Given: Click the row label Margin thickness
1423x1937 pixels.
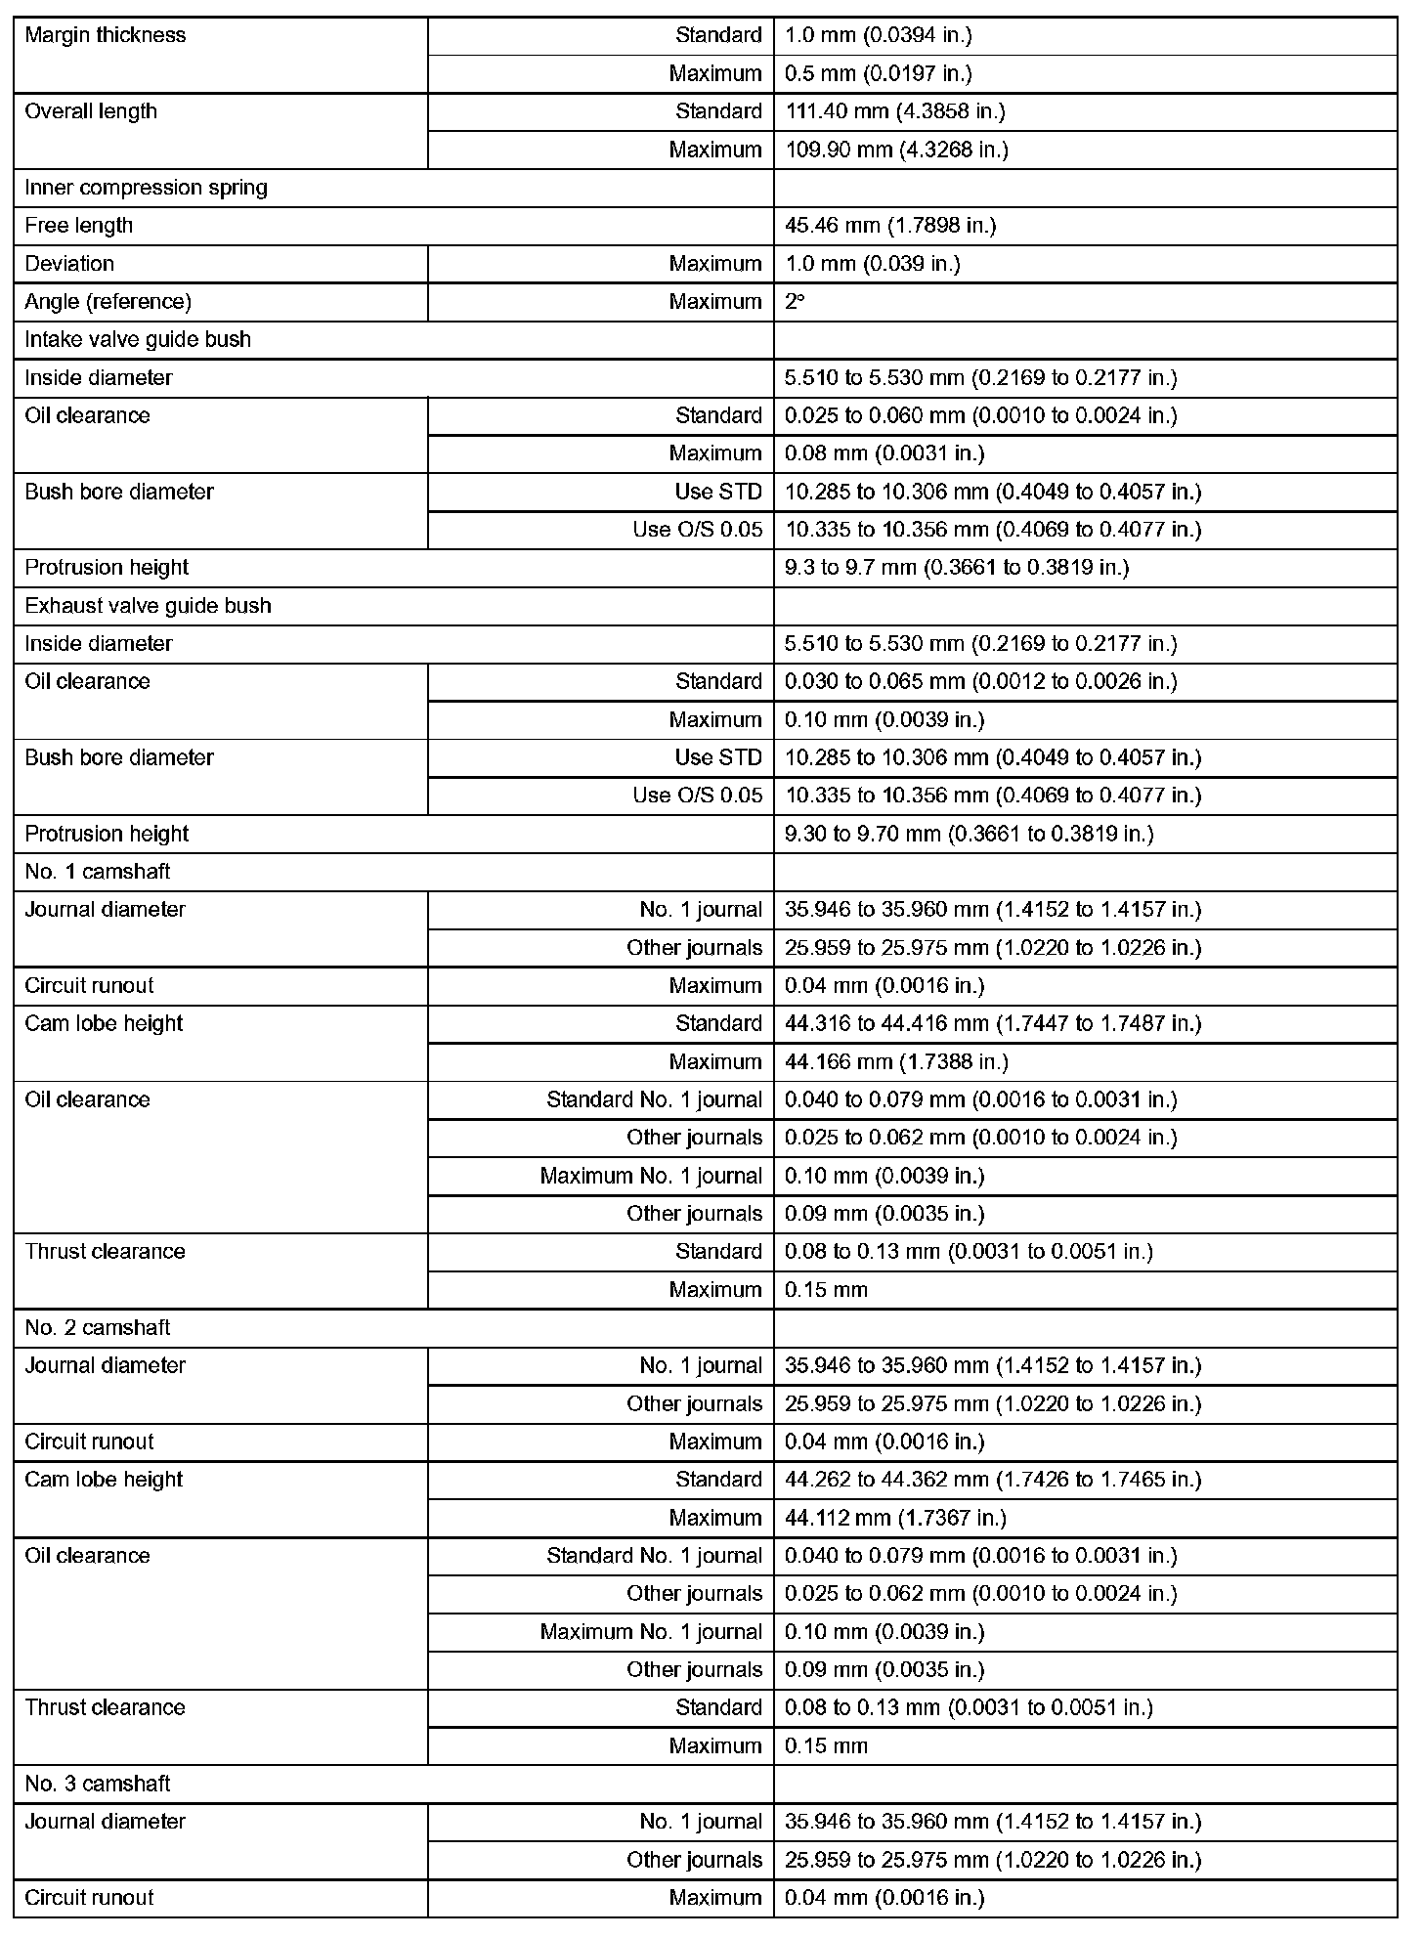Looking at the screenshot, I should [105, 35].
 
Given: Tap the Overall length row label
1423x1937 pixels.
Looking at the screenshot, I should [91, 111].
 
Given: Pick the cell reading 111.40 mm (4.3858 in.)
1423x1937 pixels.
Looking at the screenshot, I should [894, 111].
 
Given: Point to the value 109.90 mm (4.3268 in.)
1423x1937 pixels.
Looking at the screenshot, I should [896, 150].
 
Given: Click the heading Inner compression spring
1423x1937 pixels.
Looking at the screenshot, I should [146, 188].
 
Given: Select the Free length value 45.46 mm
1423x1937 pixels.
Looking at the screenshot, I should [889, 226].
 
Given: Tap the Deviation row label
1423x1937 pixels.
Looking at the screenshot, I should [69, 264].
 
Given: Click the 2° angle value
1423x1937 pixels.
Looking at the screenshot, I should [795, 302].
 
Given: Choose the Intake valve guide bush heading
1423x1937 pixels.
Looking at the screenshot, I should [138, 340].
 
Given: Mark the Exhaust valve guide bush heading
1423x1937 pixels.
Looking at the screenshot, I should [148, 606].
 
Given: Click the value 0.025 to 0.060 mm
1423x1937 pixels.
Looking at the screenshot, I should [980, 415].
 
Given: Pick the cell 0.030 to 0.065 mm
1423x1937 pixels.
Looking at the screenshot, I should [980, 681].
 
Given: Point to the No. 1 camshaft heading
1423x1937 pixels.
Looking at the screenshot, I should [98, 872].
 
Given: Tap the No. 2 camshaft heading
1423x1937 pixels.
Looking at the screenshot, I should [98, 1328].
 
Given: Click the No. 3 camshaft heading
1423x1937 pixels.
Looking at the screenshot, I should [98, 1784].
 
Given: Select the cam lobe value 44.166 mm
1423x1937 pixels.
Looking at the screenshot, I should [896, 1061].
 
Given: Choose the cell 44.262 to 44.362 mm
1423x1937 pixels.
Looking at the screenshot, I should [993, 1480].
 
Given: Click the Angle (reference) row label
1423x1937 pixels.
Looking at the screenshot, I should [108, 302].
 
